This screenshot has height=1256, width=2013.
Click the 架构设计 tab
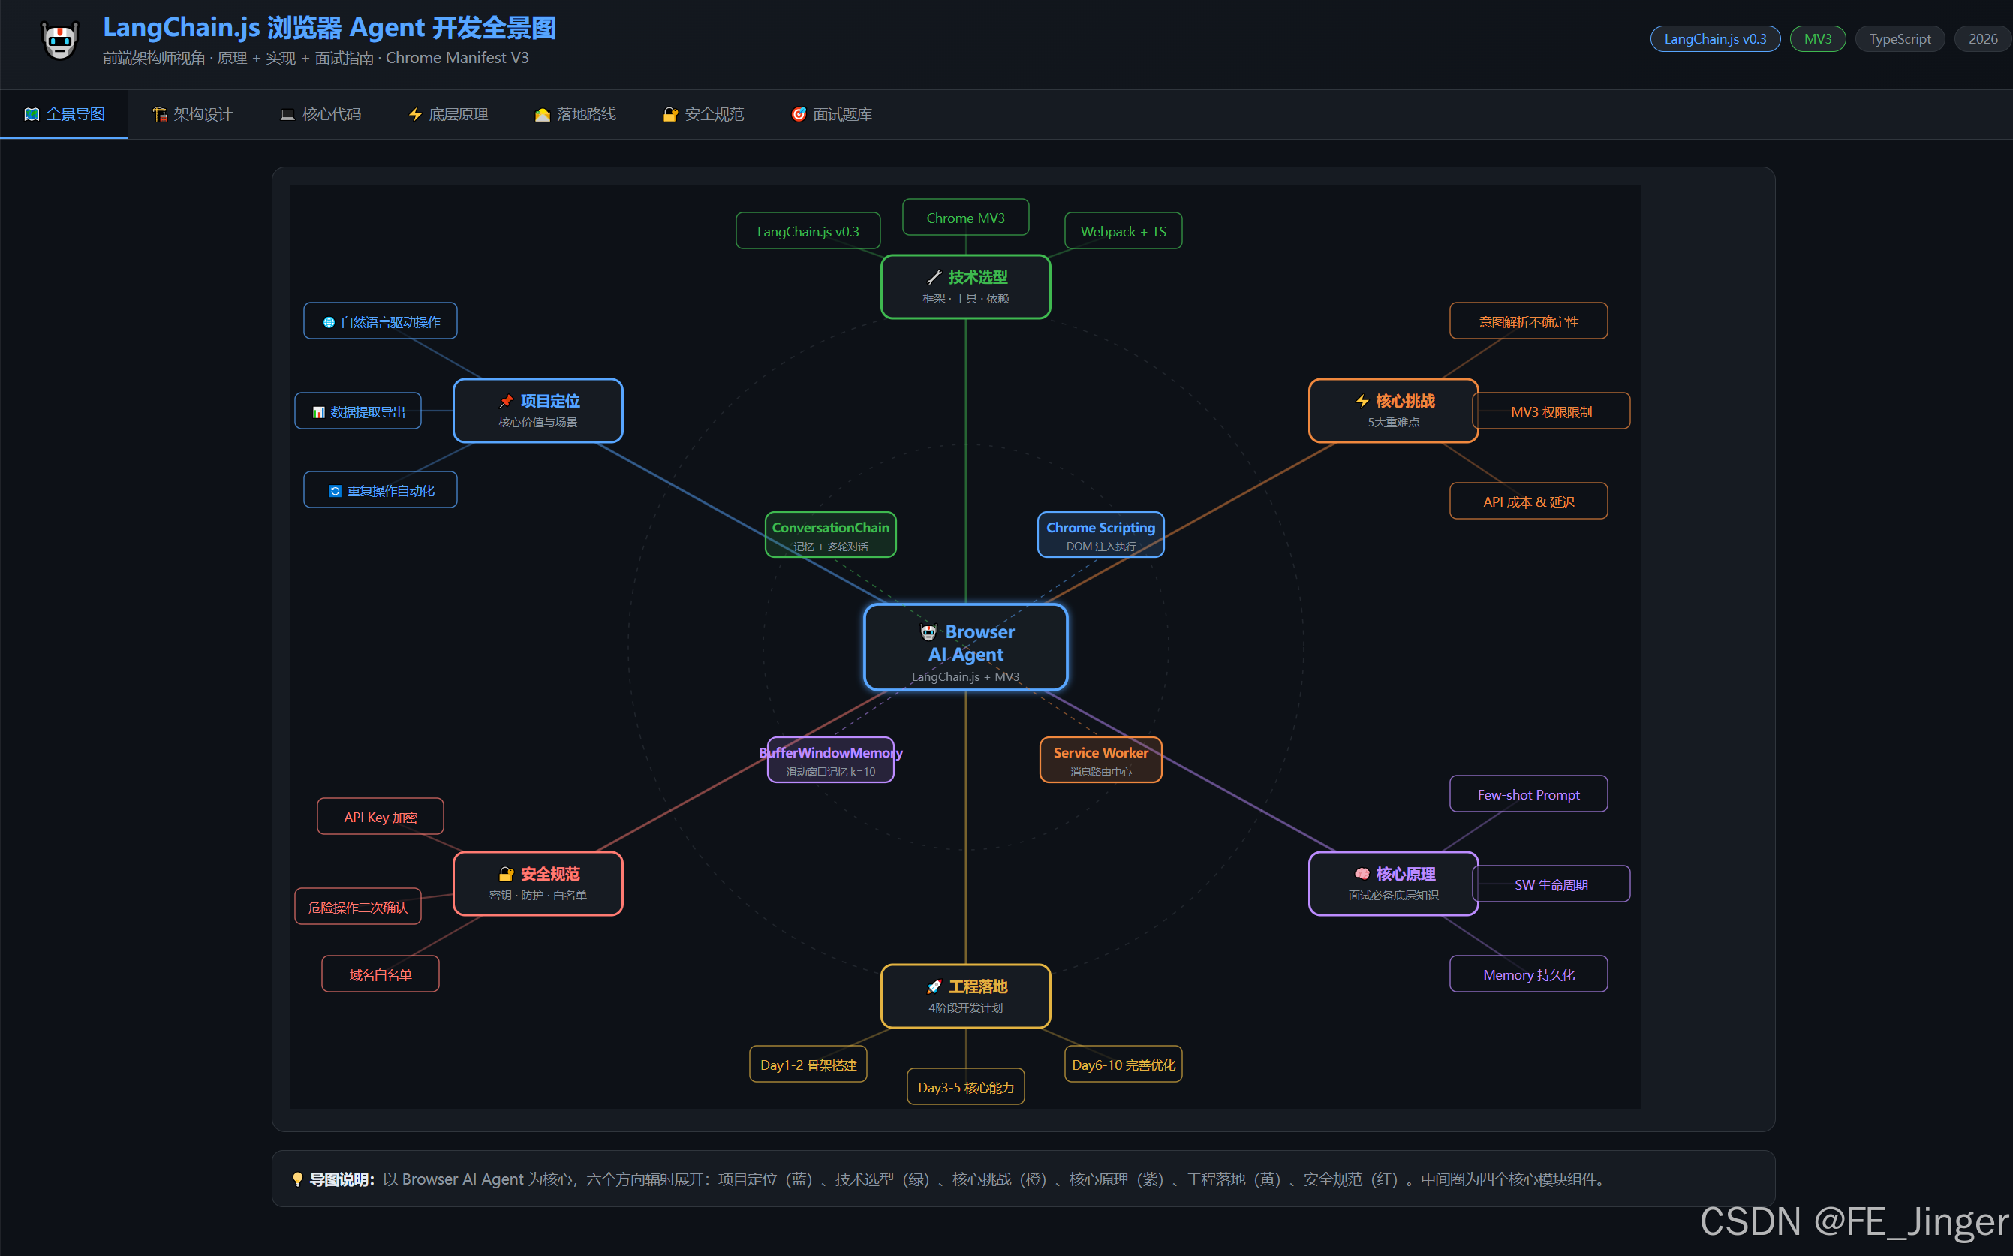[x=193, y=115]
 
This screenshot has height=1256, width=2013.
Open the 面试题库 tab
[x=832, y=115]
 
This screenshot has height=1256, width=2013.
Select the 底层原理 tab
[x=448, y=115]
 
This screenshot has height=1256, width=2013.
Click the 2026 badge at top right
[x=1982, y=39]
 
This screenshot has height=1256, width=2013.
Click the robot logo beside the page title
[x=60, y=40]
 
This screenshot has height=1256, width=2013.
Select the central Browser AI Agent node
[x=965, y=647]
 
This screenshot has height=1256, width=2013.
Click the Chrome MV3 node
[x=965, y=218]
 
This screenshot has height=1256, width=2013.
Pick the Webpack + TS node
[x=1123, y=231]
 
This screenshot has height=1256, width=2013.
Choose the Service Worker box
[x=1100, y=760]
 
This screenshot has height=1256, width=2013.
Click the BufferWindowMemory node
[x=830, y=760]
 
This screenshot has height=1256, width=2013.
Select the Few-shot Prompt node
[x=1528, y=794]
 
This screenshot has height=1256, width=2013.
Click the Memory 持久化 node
[x=1528, y=974]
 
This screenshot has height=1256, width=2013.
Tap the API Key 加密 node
[x=381, y=817]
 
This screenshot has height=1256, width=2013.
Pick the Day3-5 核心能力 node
[x=965, y=1086]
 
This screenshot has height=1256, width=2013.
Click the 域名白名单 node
[x=381, y=974]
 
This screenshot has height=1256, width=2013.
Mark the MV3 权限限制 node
[x=1551, y=411]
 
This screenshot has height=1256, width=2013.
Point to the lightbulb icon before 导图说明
[x=297, y=1179]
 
